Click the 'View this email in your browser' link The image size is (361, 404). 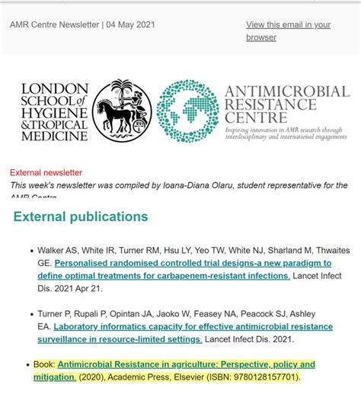288,30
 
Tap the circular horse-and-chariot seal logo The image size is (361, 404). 121,111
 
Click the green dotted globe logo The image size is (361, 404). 187,111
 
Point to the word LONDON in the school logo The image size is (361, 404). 55,89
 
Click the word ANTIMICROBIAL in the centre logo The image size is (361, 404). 287,92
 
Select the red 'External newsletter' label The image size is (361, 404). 46,173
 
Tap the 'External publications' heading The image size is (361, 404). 81,217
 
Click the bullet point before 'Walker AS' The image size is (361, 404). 30,250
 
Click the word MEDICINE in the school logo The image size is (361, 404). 56,136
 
